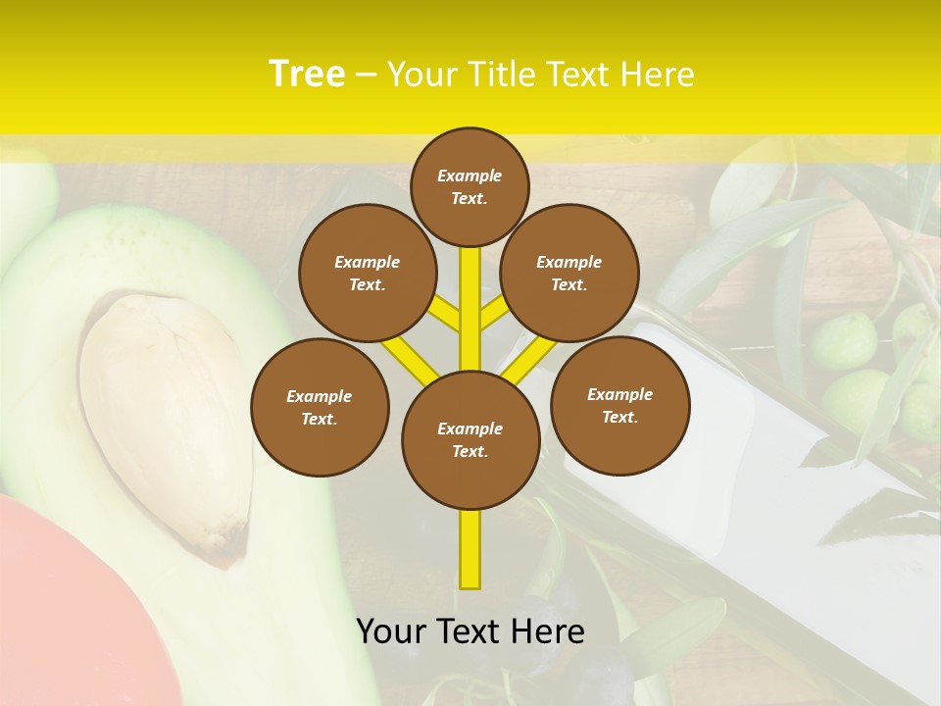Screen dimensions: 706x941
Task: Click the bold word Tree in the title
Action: point(307,74)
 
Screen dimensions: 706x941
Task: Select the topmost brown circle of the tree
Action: point(470,186)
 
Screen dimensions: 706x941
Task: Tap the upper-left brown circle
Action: point(367,273)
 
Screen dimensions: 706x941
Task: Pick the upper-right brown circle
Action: point(569,273)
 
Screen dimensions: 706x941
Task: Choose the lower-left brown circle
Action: point(320,407)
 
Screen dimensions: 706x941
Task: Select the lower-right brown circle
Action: point(619,405)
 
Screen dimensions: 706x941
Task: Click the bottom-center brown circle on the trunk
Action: point(470,439)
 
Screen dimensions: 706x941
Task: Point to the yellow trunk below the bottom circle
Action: point(470,549)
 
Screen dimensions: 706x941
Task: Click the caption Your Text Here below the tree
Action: point(470,631)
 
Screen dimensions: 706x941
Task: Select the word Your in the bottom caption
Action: point(391,631)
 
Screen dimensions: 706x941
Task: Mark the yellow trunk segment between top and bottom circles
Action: point(470,304)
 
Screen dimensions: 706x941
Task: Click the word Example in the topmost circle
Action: point(470,176)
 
